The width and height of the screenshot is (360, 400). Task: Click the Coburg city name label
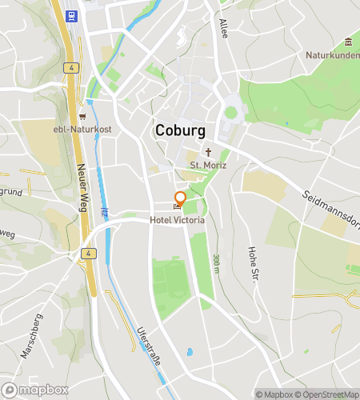180,130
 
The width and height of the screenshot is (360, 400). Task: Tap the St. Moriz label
208,166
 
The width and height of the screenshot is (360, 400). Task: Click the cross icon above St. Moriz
209,152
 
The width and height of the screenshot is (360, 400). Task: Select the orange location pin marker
180,198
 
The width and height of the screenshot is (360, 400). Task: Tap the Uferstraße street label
149,346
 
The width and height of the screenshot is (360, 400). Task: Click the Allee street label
223,29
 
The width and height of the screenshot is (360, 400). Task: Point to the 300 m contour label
216,263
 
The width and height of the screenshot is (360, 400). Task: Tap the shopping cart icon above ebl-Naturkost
82,116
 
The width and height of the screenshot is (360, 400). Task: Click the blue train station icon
72,15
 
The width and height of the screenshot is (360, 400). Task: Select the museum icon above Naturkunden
347,42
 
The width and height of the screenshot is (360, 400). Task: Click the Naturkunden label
332,55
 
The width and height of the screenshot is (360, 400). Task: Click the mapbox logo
34,390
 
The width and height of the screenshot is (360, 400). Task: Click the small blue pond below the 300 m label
190,352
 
